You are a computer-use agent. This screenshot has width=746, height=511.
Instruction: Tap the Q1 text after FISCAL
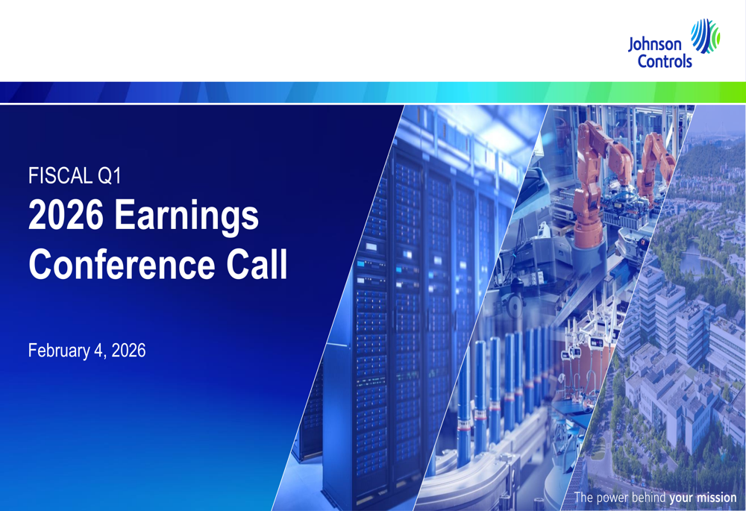tap(110, 175)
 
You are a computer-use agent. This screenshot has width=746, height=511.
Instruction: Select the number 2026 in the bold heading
tap(66, 215)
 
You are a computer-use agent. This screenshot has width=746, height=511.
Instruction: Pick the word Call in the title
tap(257, 264)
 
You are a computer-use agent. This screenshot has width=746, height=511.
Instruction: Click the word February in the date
tap(59, 351)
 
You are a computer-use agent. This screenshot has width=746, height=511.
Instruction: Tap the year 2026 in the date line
tap(128, 351)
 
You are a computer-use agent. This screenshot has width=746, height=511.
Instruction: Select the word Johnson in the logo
tap(655, 45)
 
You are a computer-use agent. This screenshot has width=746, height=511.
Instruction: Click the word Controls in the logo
tap(665, 61)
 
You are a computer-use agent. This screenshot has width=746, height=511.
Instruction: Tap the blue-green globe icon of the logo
tap(705, 36)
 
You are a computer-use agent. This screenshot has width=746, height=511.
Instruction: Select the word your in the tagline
tap(681, 498)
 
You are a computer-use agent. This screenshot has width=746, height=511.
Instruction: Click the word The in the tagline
tap(583, 498)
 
